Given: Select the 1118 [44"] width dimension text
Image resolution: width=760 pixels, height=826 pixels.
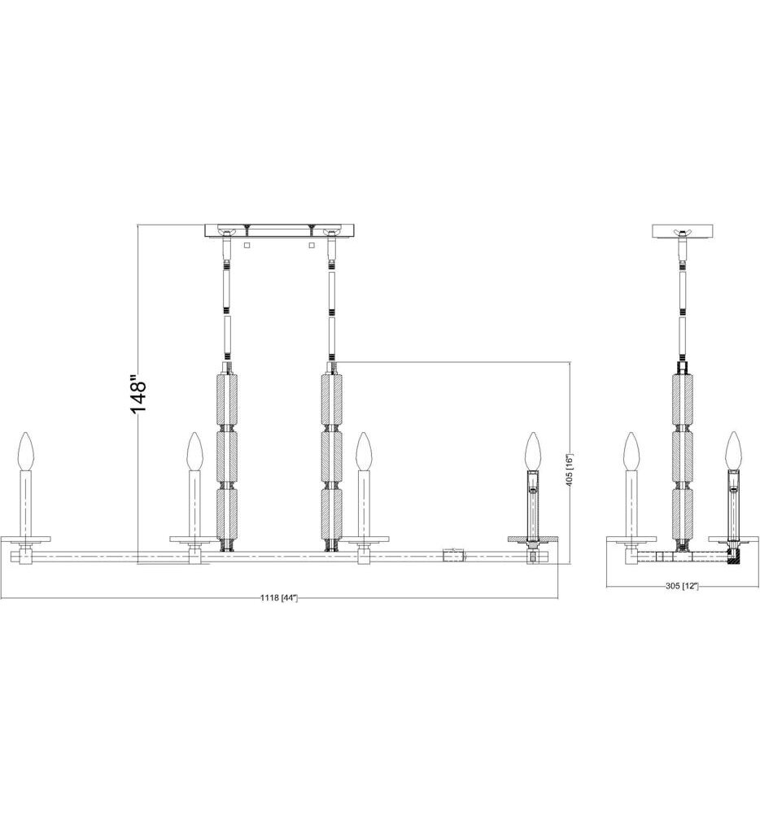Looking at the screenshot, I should click(279, 599).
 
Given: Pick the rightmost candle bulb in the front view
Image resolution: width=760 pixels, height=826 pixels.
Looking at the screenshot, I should click(533, 450).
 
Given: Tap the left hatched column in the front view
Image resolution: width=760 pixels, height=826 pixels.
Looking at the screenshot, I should click(227, 456).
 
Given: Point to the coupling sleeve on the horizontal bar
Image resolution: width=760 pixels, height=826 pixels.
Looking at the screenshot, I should click(452, 557).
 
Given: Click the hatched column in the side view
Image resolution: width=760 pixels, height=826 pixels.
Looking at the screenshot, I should click(683, 456).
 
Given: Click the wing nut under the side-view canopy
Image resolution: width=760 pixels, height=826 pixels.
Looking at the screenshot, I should click(683, 238).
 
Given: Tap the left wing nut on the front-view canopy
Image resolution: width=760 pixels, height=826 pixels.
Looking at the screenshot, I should click(227, 235).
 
